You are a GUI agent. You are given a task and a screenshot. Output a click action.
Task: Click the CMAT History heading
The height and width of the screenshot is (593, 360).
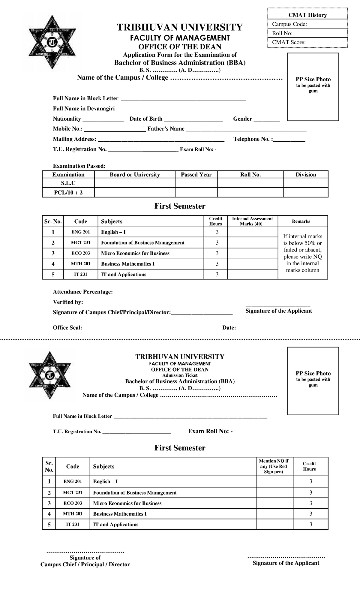click(x=307, y=15)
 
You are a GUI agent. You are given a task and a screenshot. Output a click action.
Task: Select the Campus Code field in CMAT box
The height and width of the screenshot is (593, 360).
click(x=307, y=24)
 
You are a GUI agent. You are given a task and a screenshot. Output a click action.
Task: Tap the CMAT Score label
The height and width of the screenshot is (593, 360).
click(x=289, y=42)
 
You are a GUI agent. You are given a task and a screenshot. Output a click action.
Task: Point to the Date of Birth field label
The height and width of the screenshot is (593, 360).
click(x=146, y=119)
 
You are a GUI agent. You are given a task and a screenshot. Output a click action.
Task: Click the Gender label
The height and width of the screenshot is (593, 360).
click(x=242, y=119)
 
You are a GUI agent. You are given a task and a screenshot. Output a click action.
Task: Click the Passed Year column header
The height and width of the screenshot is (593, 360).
click(x=196, y=175)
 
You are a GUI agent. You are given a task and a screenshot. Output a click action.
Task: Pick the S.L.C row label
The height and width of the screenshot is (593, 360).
click(x=68, y=183)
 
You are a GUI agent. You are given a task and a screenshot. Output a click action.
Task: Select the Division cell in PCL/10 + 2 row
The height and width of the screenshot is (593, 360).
click(x=306, y=192)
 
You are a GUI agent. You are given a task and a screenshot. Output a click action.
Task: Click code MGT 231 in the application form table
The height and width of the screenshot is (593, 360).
click(x=80, y=242)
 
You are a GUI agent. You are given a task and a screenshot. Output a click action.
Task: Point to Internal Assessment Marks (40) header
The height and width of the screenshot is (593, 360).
click(x=252, y=221)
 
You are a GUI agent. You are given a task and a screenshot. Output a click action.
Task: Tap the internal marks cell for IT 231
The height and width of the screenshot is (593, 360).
click(x=252, y=274)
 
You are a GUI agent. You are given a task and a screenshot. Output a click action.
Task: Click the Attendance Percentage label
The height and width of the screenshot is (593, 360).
click(x=83, y=292)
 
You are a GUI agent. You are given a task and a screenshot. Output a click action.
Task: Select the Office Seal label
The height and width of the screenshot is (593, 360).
click(x=67, y=328)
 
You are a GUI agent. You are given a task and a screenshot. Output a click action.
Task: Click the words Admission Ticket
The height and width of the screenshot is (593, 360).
click(x=180, y=375)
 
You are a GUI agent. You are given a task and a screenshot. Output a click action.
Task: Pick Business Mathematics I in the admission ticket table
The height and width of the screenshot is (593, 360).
click(x=120, y=514)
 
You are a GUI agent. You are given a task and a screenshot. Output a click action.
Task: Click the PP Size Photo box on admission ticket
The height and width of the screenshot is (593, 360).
click(x=313, y=381)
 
